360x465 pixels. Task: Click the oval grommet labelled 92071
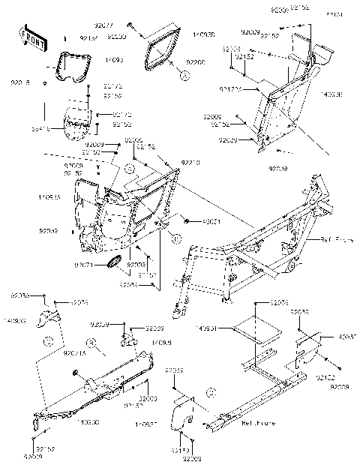pyautogui.click(x=115, y=261)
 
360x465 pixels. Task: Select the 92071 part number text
pyautogui.click(x=84, y=264)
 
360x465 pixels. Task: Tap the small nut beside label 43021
pyautogui.click(x=183, y=222)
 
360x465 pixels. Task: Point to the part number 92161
pyautogui.click(x=333, y=14)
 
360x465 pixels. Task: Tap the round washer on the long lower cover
pyautogui.click(x=76, y=373)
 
